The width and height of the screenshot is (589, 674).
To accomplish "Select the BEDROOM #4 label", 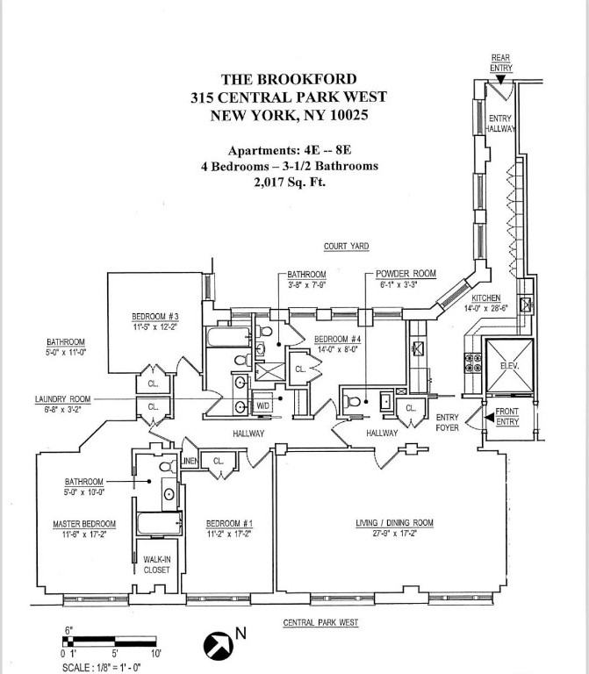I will (337, 339).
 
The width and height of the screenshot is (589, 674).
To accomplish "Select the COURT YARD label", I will (344, 247).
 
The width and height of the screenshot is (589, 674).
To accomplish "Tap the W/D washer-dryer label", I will (262, 405).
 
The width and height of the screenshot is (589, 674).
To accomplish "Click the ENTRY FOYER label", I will (447, 422).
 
